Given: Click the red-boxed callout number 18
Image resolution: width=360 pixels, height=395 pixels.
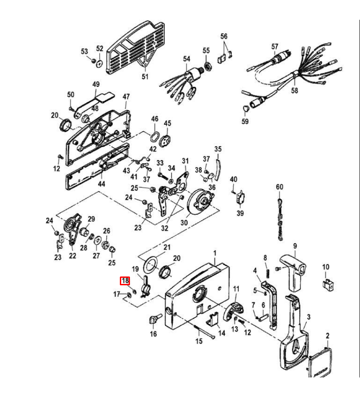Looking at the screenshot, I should tap(126, 281).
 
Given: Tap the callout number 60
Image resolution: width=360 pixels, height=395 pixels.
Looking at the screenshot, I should tap(280, 187).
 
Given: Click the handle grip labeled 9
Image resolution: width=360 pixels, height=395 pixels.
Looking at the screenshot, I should tap(293, 267).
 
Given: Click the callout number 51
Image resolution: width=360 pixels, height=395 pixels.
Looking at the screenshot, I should tap(145, 76).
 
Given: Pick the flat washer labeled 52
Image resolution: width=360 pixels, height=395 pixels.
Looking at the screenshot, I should tap(100, 63).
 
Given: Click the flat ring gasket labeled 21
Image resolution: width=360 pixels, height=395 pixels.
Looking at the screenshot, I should tap(151, 265).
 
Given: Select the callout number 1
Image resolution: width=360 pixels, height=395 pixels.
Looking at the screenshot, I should tap(215, 253).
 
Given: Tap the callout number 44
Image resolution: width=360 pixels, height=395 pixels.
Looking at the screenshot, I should tap(101, 184).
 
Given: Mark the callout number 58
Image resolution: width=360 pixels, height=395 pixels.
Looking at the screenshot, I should tap(294, 90).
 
